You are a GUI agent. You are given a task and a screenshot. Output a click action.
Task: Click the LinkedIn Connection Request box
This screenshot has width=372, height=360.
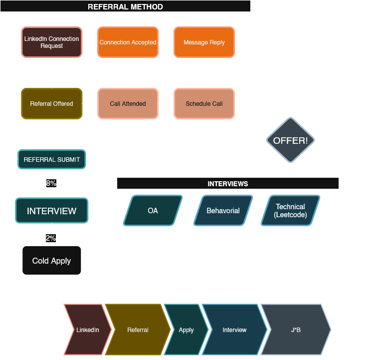pos(52,42)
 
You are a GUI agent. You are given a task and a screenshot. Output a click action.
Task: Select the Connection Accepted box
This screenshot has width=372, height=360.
pos(128,42)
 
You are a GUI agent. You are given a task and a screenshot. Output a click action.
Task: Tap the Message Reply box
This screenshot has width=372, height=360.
pos(204,42)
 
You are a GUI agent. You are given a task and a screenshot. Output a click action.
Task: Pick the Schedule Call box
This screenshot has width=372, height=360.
pos(204,104)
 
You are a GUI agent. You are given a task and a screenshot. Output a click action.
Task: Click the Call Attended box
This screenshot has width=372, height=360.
pos(128,104)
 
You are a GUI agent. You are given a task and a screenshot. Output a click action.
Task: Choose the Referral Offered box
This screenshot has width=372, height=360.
pos(52,104)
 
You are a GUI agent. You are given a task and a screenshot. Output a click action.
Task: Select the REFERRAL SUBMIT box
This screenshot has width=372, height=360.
pos(52,160)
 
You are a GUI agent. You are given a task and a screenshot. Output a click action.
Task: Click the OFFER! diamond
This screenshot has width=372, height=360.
pos(290,140)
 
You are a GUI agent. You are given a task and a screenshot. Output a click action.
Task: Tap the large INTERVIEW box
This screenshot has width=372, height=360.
pos(52,211)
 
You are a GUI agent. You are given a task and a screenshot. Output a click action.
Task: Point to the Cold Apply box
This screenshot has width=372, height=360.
pos(52,261)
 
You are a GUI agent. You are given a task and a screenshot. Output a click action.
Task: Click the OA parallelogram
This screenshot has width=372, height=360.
pos(153,211)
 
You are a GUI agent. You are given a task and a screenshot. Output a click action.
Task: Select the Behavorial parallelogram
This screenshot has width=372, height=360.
pos(223,211)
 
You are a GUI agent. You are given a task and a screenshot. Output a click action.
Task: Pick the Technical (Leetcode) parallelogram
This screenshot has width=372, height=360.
pos(290,211)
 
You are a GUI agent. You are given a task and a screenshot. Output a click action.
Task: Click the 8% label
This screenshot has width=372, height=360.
pos(51,183)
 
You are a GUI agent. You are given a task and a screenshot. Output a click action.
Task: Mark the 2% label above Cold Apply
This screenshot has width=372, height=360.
pos(51,238)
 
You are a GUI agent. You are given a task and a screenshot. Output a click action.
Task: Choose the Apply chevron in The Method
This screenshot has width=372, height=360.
pos(186,330)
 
